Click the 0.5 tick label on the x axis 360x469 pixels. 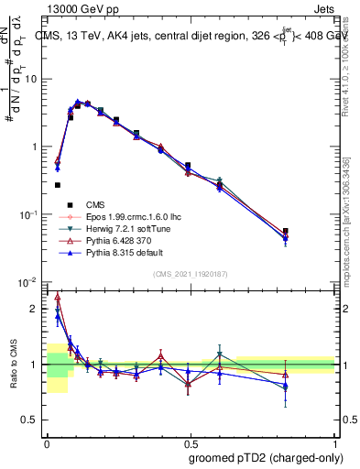click(x=191, y=440)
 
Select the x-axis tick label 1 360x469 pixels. click(x=333, y=440)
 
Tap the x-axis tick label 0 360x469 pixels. click(x=47, y=440)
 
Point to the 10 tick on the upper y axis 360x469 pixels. click(x=30, y=79)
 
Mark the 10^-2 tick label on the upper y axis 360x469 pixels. click(x=27, y=282)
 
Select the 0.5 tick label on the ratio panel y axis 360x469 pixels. click(x=32, y=420)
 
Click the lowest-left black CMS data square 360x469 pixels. click(x=57, y=185)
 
